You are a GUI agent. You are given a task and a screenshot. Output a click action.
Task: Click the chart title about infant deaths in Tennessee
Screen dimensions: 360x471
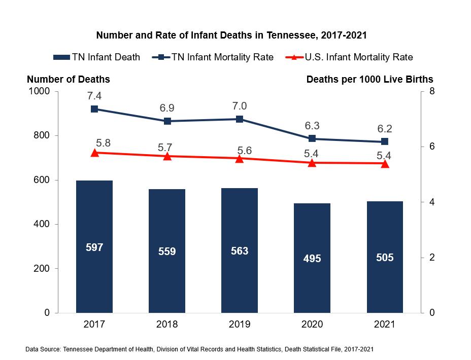[x=231, y=36]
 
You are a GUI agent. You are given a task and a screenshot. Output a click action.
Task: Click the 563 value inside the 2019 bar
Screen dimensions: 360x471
[x=240, y=251]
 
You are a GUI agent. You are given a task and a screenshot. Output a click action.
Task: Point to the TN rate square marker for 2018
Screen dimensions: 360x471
[x=167, y=121]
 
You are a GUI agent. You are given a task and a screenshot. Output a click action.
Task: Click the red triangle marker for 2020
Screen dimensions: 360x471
[x=312, y=163]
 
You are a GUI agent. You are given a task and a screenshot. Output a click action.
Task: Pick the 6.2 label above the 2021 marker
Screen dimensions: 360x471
[x=385, y=129]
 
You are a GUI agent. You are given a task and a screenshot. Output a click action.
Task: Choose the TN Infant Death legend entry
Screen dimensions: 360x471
[x=96, y=57]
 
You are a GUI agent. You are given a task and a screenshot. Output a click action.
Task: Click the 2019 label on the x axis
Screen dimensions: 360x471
[x=240, y=324]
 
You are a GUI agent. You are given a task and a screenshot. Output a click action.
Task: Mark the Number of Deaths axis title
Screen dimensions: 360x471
[x=68, y=79]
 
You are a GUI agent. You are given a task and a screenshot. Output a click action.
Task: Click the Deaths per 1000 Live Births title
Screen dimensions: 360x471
[x=369, y=79]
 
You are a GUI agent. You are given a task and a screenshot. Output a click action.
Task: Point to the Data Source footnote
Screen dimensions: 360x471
[x=199, y=349]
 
